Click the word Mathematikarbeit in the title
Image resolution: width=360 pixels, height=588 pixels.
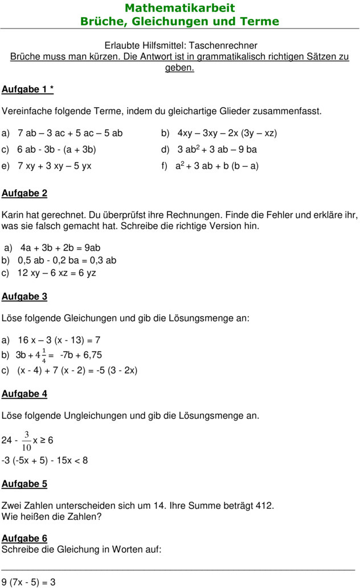click(179, 8)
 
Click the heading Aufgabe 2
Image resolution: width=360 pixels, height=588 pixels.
click(24, 193)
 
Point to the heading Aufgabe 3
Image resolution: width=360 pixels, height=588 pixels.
click(24, 296)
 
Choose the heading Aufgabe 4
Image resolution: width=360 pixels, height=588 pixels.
click(24, 394)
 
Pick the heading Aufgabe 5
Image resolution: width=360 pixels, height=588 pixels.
click(24, 484)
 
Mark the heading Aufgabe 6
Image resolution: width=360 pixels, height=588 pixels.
click(24, 538)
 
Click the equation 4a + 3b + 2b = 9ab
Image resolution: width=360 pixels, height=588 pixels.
click(60, 248)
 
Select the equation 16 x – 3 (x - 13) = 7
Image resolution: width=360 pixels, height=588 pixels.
click(59, 340)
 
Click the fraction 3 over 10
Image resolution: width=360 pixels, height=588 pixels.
click(26, 440)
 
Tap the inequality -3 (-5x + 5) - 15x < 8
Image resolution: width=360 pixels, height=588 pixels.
click(45, 460)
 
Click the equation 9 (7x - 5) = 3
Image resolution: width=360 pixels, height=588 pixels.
click(28, 582)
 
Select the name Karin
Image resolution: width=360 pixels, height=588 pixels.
click(13, 215)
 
